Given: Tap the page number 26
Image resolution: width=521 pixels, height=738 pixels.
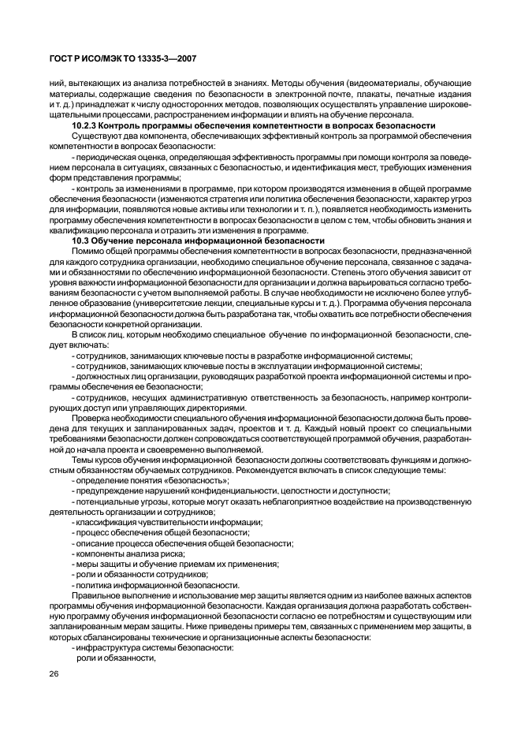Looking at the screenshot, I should click(x=54, y=673).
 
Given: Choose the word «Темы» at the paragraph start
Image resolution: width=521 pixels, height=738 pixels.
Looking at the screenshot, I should click(x=84, y=457).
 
